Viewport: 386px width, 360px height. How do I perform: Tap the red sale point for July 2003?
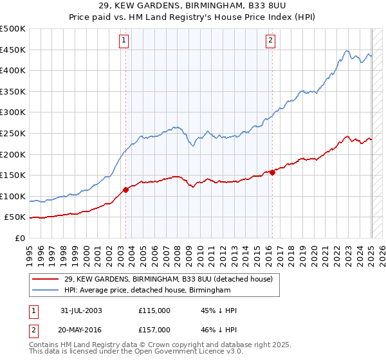pyautogui.click(x=126, y=189)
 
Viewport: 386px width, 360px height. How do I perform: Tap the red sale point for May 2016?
pyautogui.click(x=272, y=172)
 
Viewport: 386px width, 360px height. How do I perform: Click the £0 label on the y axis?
pyautogui.click(x=19, y=238)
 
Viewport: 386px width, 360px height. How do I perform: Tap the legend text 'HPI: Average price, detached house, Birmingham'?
pyautogui.click(x=147, y=291)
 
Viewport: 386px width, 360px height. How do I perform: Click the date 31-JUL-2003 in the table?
pyautogui.click(x=78, y=310)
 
